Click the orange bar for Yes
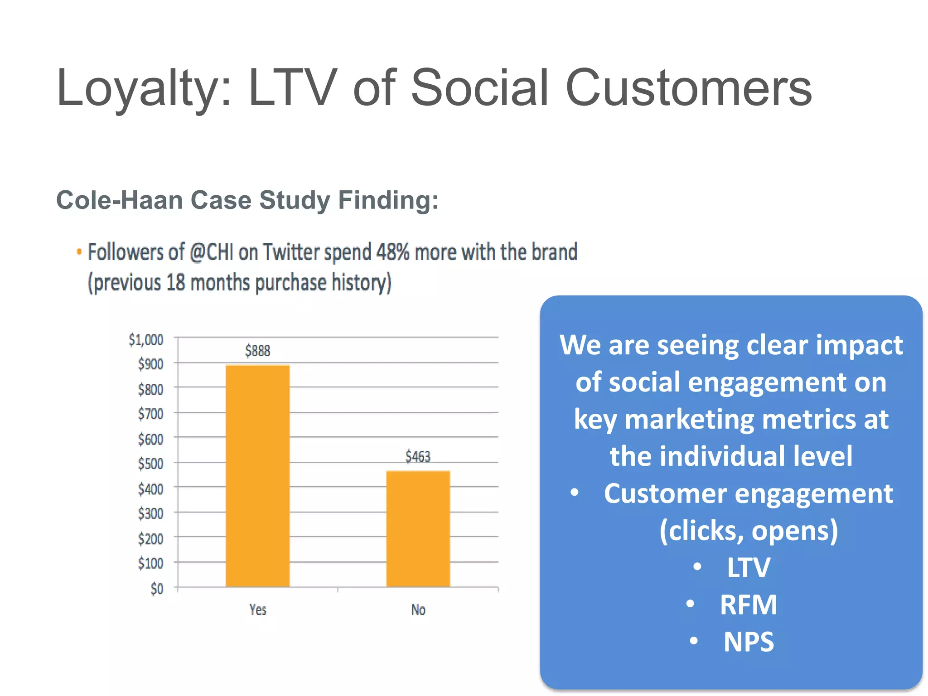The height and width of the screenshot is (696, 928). point(257,476)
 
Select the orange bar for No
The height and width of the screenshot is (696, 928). point(418,529)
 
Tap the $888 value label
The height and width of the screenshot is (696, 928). point(257,351)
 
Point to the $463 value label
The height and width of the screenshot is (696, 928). point(418,456)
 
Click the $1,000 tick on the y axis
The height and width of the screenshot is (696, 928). point(146,339)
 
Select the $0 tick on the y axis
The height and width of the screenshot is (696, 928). point(157,589)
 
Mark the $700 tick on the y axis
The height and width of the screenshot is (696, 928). point(150,414)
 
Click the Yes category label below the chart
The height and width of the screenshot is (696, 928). point(258,610)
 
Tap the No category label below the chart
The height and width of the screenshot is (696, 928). point(418,610)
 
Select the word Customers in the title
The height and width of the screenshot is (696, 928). point(689,88)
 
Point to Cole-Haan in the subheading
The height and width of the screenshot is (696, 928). point(119,200)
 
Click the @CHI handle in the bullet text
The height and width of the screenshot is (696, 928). point(211,252)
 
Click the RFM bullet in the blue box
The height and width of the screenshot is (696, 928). point(748,604)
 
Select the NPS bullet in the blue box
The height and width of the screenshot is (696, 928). point(748,642)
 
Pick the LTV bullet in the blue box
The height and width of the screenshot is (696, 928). point(748,567)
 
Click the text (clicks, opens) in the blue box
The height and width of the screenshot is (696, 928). point(748,530)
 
